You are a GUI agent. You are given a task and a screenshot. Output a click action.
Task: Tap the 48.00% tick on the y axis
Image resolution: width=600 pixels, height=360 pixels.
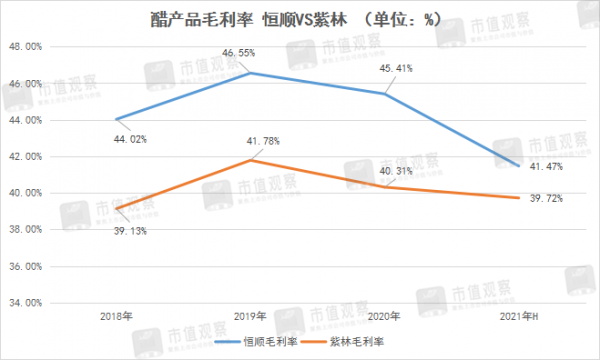tap(22, 47)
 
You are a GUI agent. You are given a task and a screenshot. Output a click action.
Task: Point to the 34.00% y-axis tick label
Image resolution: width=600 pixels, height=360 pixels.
tap(22, 302)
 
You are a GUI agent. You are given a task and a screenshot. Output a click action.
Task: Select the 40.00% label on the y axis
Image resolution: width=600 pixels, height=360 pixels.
tap(22, 193)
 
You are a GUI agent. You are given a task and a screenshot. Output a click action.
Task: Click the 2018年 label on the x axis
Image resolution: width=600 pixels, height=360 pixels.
tap(117, 316)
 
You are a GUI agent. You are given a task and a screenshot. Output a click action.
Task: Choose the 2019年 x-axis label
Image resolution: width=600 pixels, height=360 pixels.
tap(250, 316)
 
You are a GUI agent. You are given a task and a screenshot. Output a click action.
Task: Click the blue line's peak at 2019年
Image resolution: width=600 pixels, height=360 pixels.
tap(250, 73)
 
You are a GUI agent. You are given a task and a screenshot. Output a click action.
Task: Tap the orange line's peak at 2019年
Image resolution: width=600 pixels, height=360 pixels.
tap(250, 160)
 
